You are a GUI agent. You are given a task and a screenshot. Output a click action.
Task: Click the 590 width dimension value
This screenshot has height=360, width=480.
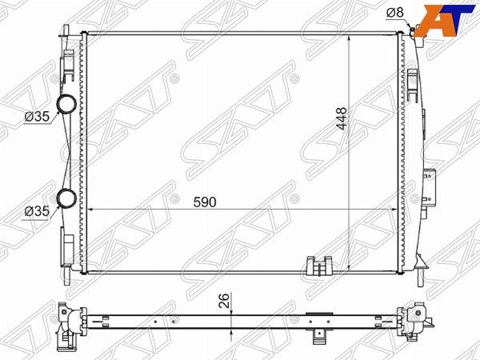(x=205, y=202)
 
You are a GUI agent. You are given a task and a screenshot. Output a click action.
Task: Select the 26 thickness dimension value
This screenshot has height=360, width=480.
(x=224, y=300)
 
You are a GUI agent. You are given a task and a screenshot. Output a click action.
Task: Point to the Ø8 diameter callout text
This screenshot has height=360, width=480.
(x=395, y=13)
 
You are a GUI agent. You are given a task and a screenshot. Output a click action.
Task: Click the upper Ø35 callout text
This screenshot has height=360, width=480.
(x=37, y=116)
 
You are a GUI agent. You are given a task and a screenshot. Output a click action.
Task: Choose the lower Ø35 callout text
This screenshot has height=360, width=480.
(x=37, y=211)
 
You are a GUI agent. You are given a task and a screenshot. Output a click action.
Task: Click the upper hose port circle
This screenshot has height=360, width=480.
(x=66, y=103)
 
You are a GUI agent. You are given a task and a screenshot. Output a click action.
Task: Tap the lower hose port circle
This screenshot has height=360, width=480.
(x=66, y=198)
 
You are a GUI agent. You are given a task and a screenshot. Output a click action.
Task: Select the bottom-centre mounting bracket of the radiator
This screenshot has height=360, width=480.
(x=319, y=266)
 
